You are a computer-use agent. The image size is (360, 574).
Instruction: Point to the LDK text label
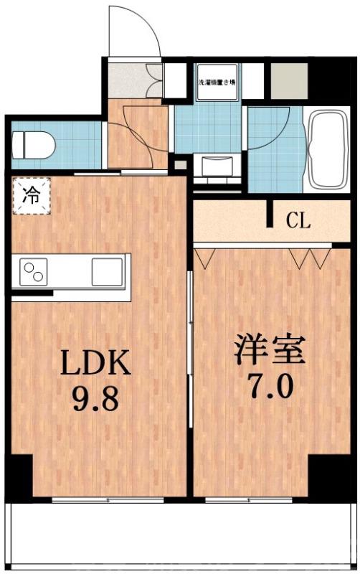pos(94,364)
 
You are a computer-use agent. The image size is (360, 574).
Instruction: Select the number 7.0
pos(270,387)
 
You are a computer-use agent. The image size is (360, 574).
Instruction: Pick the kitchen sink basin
pos(108,272)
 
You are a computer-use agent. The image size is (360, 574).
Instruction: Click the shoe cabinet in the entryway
pos(155,81)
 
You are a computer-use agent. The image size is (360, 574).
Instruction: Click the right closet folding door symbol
pos(310,257)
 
